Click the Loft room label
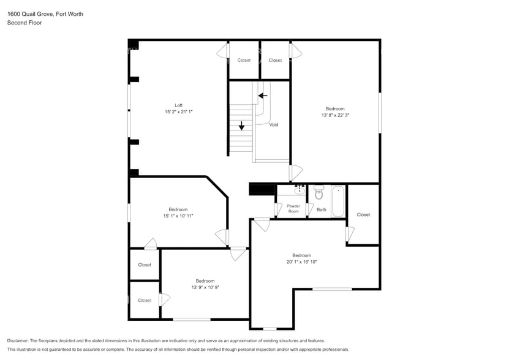point(178,105)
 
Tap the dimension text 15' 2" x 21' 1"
point(178,112)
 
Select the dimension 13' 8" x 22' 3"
point(335,115)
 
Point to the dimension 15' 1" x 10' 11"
point(178,216)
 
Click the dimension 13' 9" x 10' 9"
point(205,287)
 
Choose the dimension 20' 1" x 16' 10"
point(301,261)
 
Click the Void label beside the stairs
point(274,125)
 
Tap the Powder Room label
point(293,208)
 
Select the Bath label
point(322,210)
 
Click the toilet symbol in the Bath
point(319,193)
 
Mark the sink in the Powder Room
point(300,189)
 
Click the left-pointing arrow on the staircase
point(263,96)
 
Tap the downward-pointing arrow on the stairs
point(242,126)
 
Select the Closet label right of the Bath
point(363,215)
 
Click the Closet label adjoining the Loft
point(244,60)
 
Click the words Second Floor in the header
point(24,23)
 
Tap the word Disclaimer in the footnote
point(18,340)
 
